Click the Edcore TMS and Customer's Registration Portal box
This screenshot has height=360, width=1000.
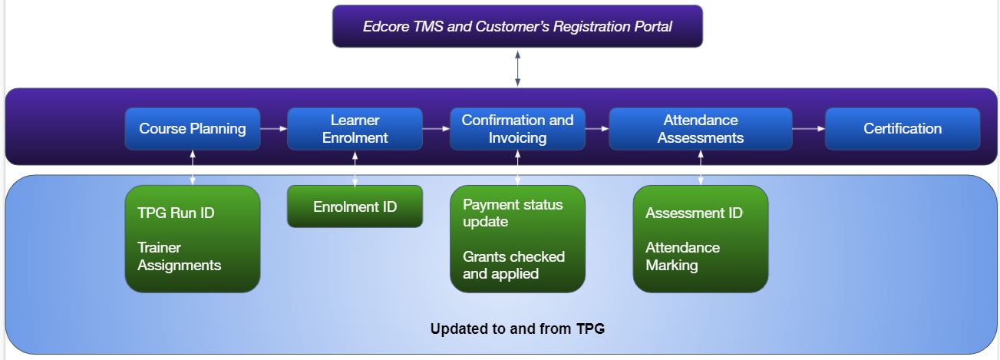[517, 26]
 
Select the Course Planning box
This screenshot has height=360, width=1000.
[193, 129]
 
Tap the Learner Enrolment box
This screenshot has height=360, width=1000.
[355, 129]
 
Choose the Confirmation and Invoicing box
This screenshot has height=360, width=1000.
[517, 129]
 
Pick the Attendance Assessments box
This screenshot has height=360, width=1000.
[701, 129]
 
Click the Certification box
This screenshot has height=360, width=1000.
[903, 129]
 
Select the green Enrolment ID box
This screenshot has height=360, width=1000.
[355, 206]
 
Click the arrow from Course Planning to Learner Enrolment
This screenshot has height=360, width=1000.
[274, 129]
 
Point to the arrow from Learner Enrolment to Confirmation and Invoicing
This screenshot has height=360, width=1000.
[436, 129]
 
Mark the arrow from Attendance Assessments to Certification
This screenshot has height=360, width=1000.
[808, 129]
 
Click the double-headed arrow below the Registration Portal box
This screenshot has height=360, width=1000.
[517, 68]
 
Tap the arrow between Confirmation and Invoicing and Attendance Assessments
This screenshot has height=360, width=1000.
[597, 129]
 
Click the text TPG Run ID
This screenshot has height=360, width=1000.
[176, 213]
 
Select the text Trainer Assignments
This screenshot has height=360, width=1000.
[179, 256]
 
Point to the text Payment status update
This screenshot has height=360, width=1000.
[513, 213]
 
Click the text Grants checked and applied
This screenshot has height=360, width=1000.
[514, 266]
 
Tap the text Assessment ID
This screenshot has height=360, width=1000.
[695, 213]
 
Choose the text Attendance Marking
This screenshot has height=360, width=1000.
[682, 256]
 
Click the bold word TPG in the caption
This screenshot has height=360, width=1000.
[590, 329]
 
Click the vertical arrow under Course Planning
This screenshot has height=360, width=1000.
[193, 167]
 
